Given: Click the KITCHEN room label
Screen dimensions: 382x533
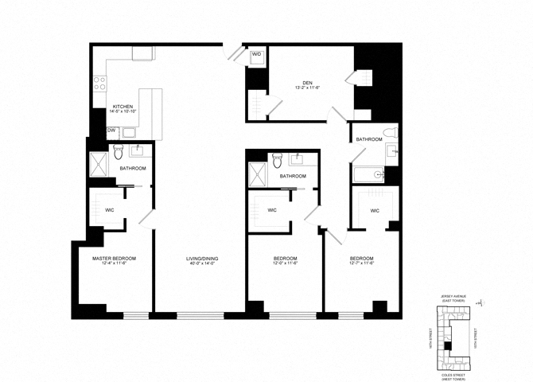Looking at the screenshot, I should [x=122, y=107].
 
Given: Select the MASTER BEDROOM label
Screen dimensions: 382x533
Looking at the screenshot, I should [x=114, y=259].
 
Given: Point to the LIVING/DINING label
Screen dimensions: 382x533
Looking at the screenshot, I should [x=202, y=259].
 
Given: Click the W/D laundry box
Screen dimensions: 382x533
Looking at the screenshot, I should [x=257, y=56].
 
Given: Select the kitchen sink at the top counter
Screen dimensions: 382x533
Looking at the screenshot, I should [x=143, y=53].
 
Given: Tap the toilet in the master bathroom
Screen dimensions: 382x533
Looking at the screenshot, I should [x=118, y=150].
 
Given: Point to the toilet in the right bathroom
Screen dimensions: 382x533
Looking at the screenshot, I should [x=387, y=134].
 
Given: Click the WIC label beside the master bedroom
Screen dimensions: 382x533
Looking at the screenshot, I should [x=111, y=211].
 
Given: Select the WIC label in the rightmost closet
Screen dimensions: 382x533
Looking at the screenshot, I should [x=375, y=211].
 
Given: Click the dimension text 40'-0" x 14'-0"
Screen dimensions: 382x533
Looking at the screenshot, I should [x=202, y=264].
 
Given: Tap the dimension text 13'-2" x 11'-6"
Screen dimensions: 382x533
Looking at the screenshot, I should [x=306, y=88].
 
